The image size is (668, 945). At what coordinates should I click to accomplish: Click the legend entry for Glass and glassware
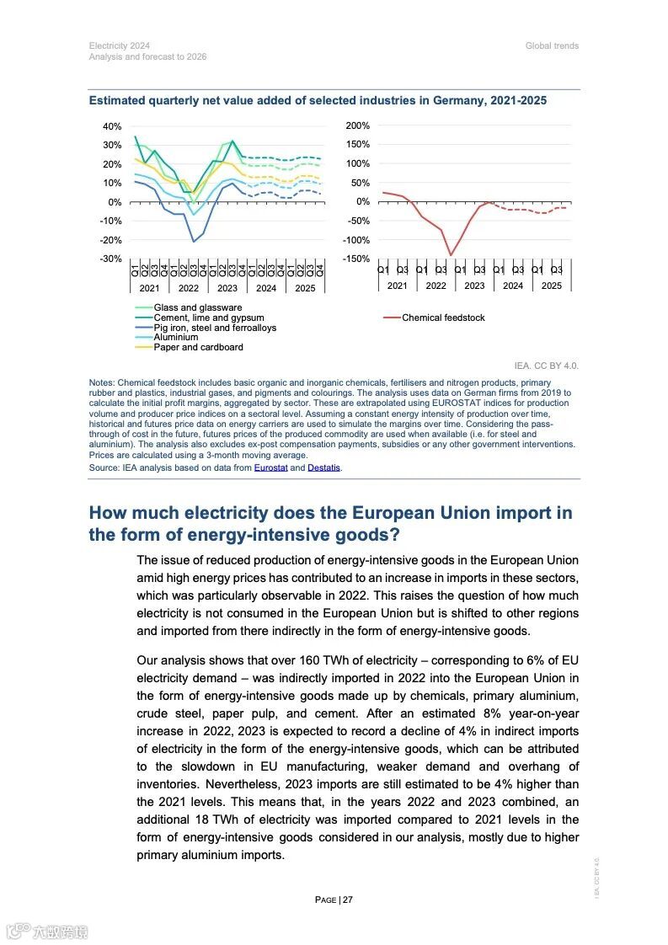point(197,307)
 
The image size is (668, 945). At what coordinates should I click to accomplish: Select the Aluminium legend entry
point(175,337)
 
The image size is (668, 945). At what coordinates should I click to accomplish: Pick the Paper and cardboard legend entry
point(198,347)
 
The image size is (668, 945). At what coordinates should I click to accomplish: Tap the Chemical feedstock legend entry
point(443,318)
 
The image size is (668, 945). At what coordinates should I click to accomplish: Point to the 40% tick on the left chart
point(112,126)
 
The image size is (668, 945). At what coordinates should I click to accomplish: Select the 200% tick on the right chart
point(358,125)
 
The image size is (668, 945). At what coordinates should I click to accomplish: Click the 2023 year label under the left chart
point(227,287)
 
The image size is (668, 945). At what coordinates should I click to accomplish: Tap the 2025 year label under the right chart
point(551,286)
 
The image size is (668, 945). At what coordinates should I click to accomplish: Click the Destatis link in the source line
point(324,467)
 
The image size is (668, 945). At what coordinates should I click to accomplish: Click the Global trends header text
point(552,45)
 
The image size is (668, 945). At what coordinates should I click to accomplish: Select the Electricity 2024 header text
point(120,45)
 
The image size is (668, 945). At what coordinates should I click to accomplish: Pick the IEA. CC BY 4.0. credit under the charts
point(547,366)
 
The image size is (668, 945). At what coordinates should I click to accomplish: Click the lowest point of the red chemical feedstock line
point(451,254)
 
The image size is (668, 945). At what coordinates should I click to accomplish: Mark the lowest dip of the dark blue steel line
point(194,242)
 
